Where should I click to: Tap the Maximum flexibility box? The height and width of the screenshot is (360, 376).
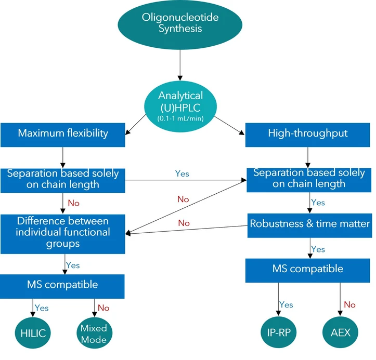pos(62,134)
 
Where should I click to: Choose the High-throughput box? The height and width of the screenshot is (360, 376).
pos(308,134)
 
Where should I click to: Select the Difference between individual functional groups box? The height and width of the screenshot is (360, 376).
pos(62,232)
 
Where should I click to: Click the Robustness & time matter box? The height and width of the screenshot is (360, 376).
pos(308,224)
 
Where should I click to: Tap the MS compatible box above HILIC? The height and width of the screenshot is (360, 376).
pos(62,285)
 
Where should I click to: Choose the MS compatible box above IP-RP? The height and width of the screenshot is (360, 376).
pos(308,269)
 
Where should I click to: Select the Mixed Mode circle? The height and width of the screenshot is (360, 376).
pos(94,333)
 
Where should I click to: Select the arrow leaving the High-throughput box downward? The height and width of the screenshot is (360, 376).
pos(308,155)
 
